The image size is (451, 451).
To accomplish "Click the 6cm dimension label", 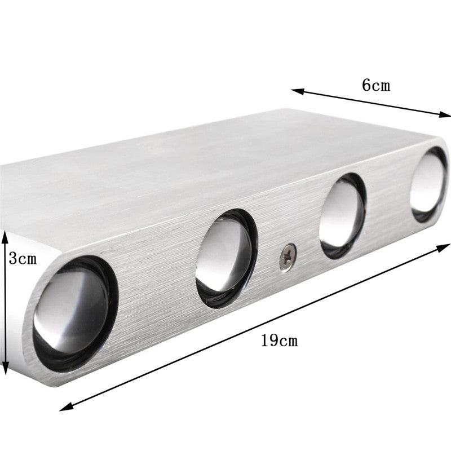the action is point(376,85).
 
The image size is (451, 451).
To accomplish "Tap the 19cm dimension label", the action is point(279,341).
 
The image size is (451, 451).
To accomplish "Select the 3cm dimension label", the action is point(23,258).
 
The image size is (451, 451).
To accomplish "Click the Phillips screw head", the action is point(288,257).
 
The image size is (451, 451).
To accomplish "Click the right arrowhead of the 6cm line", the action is point(444,114).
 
